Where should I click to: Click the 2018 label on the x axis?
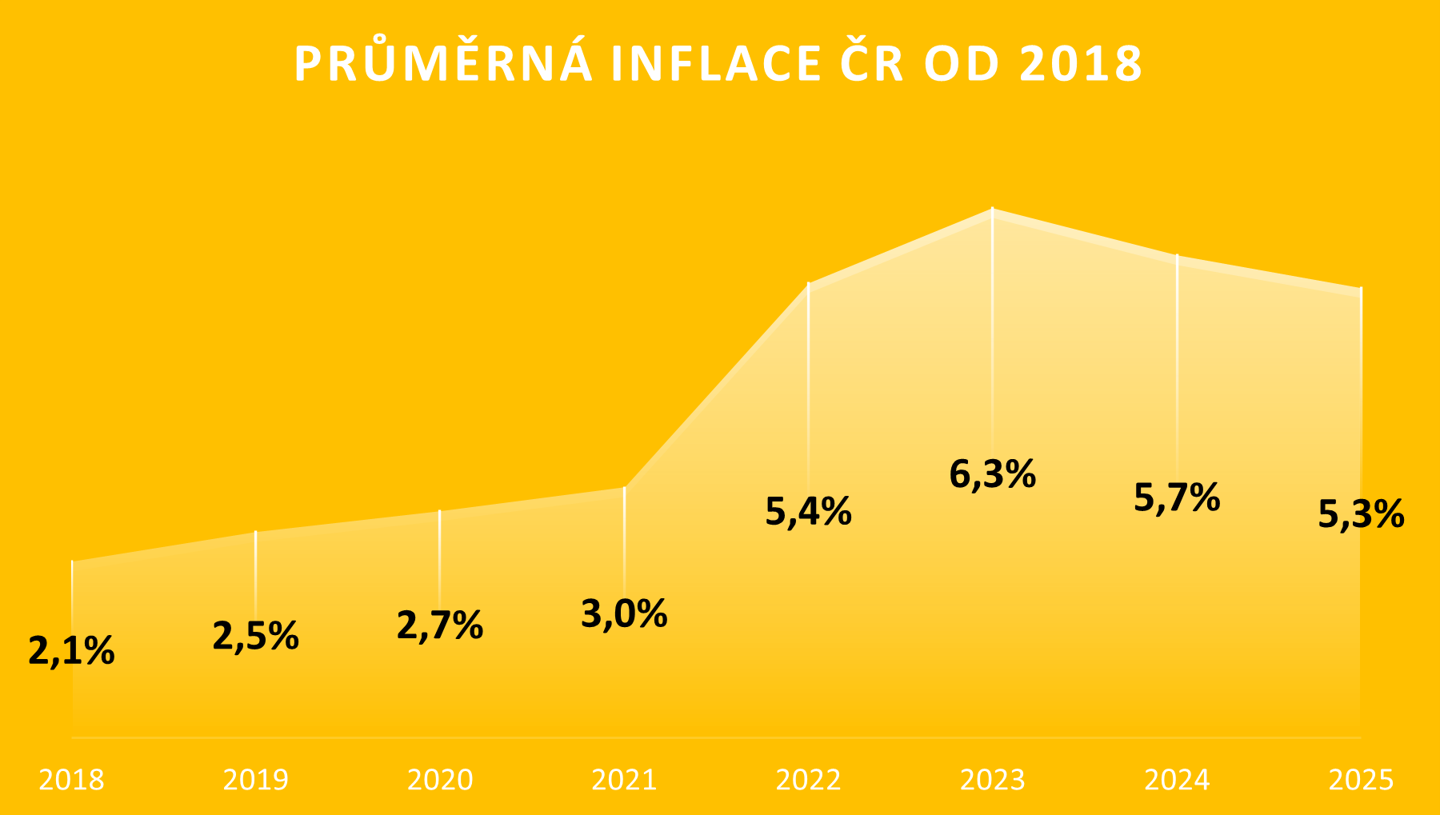(71, 780)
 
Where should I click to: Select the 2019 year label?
(255, 780)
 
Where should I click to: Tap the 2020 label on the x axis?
(440, 780)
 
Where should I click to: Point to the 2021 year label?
(624, 780)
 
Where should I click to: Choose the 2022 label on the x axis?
(808, 780)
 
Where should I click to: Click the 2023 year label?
(993, 780)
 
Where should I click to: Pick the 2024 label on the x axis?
(1177, 780)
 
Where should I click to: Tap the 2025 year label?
(1361, 780)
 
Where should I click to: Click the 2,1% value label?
(71, 651)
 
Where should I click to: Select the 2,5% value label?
(255, 636)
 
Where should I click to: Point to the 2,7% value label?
(440, 625)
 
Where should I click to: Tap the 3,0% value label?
(624, 614)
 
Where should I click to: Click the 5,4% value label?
(808, 512)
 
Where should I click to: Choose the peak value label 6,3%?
(993, 474)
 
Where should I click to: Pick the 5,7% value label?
(1177, 497)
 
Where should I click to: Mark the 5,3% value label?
(1361, 514)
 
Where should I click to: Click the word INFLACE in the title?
(715, 64)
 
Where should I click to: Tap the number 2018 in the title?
(1081, 64)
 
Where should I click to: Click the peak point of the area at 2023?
(993, 210)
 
